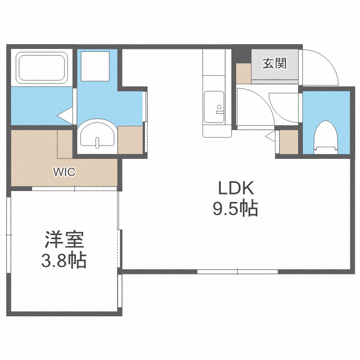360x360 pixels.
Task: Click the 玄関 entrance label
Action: point(275,63)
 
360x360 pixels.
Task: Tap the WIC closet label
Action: point(64,172)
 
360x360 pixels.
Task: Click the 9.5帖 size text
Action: point(235,209)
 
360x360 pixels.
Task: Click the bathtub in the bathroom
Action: point(42,67)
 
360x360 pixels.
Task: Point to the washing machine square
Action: point(96,66)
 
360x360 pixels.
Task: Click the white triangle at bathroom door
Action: point(64,115)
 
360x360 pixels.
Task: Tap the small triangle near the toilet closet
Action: point(270,136)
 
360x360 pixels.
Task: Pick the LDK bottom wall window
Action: point(237,272)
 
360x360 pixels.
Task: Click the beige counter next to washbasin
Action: point(130,140)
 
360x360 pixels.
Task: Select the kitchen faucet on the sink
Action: point(219,109)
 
